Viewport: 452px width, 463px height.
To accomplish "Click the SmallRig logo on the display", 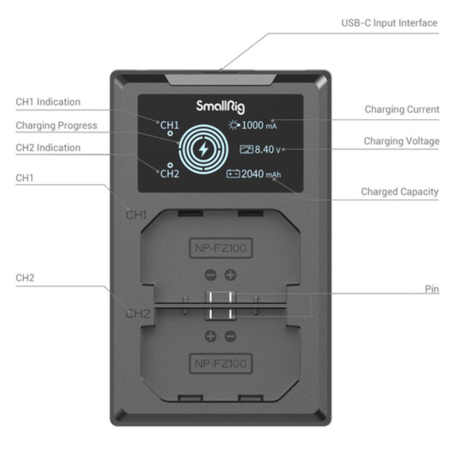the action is [x=220, y=106].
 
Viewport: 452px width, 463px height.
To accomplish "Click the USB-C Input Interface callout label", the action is [x=389, y=23].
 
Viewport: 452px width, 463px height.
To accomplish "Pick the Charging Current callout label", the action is [x=402, y=110].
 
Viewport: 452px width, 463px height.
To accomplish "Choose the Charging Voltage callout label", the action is [x=401, y=141].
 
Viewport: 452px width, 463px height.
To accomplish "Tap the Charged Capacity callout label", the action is [x=400, y=192].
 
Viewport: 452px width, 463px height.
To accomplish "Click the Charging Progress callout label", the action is [x=56, y=125].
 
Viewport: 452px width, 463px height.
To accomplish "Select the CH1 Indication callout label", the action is [x=48, y=102].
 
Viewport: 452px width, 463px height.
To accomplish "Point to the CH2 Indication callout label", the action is [x=48, y=148].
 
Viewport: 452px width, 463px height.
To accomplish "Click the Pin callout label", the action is [x=432, y=289].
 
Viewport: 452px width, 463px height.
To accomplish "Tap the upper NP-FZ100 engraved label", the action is [x=221, y=248].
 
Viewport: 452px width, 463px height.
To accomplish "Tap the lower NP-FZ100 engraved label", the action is [x=221, y=364].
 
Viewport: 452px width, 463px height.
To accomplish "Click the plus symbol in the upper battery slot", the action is [x=231, y=275].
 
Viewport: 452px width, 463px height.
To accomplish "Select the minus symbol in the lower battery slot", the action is [x=230, y=336].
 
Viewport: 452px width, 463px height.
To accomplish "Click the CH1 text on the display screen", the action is [x=170, y=125].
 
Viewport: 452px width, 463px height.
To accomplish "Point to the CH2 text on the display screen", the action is [x=170, y=174].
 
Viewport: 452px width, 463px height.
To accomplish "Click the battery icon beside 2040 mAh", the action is [x=233, y=174].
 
